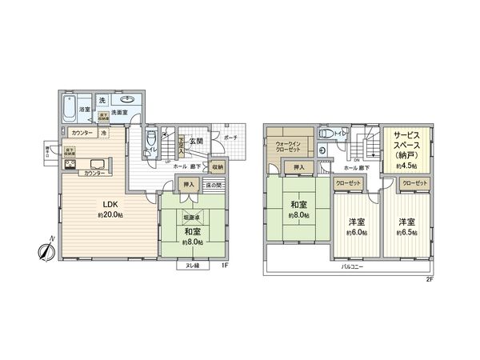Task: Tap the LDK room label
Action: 108,203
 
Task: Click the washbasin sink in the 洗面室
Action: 129,102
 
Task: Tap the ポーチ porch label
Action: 230,138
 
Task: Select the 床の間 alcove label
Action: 212,186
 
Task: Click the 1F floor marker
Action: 226,266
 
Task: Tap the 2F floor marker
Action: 429,279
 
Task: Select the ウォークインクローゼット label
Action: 287,146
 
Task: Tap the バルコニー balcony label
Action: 353,266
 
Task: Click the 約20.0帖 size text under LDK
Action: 108,215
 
